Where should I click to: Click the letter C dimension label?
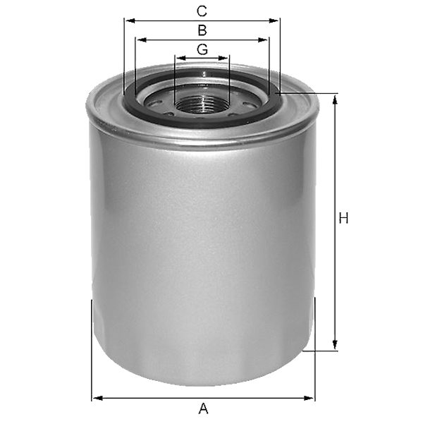coord(202,11)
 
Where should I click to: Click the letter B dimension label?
coord(202,30)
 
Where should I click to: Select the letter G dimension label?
coord(202,49)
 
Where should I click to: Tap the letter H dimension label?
coord(343,218)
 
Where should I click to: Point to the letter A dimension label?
coord(203,408)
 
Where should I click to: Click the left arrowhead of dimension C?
coord(130,21)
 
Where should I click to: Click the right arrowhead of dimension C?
coord(274,21)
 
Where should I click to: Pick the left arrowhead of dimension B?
coord(142,40)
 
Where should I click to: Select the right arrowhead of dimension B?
coord(262,40)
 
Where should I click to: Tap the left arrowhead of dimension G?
coord(181,58)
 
